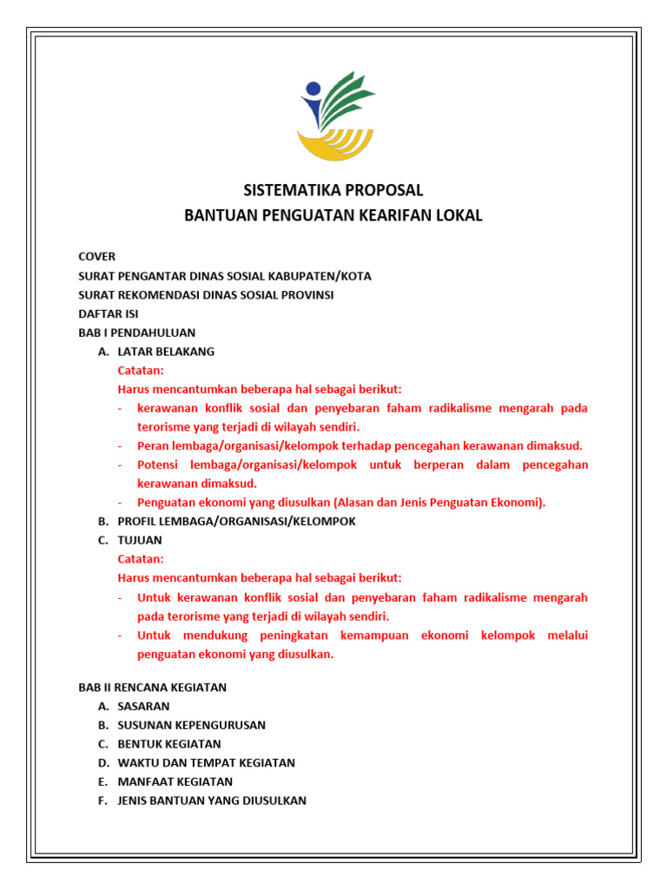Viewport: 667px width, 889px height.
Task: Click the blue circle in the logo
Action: click(x=312, y=89)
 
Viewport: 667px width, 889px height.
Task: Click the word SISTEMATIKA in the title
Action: click(x=283, y=190)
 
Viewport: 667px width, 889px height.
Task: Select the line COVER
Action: click(x=96, y=257)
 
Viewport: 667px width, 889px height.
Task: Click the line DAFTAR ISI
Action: click(x=108, y=313)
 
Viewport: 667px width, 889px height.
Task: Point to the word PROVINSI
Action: click(x=304, y=294)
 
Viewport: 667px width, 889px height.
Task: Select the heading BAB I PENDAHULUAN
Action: click(x=136, y=333)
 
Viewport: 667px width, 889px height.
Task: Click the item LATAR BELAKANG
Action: click(x=166, y=352)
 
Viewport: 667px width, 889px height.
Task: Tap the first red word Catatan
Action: click(x=141, y=371)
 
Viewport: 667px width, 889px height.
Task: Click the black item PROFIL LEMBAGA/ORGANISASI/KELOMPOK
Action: click(x=236, y=521)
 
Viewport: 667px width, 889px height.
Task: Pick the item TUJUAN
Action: click(x=140, y=540)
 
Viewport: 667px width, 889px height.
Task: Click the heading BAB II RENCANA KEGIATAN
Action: click(x=152, y=687)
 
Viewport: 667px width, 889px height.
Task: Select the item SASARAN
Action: click(x=143, y=706)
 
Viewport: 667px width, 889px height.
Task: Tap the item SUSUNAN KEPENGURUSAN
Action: click(x=191, y=725)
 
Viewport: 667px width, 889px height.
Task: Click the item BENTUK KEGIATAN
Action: click(x=169, y=744)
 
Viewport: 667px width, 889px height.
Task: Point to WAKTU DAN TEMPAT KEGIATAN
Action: click(x=206, y=763)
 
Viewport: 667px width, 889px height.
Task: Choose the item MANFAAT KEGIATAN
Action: click(x=175, y=781)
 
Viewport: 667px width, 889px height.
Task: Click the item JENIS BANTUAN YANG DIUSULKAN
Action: click(x=212, y=800)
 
